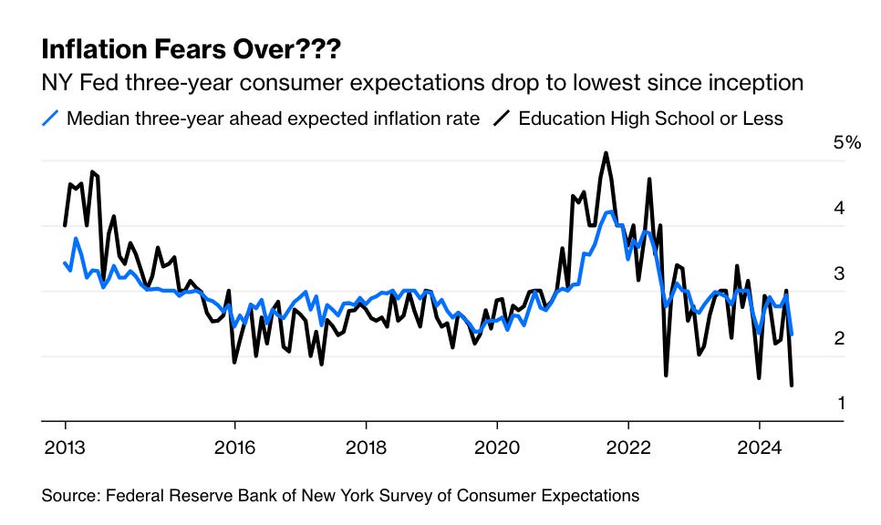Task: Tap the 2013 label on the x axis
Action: tap(65, 448)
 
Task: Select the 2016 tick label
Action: tap(234, 448)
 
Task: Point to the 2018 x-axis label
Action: tap(366, 448)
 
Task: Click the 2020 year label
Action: tap(497, 448)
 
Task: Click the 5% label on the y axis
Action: tap(847, 143)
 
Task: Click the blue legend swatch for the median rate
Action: tap(51, 118)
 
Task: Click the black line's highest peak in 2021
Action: tap(606, 153)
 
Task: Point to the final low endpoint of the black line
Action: tap(791, 386)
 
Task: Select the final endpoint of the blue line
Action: tap(791, 335)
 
